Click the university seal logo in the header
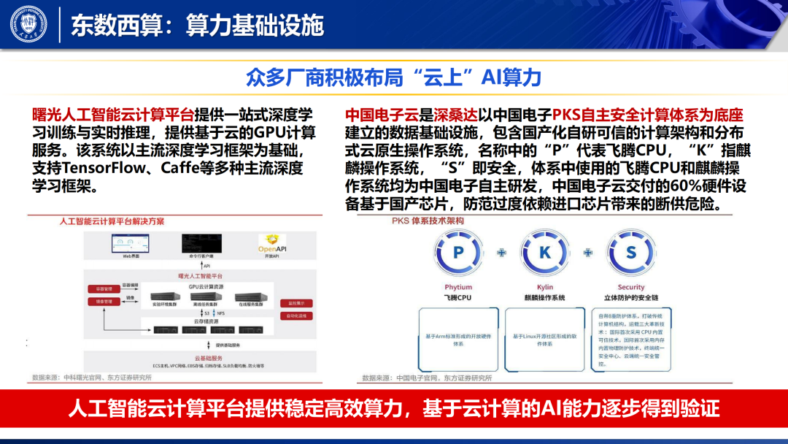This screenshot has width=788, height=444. point(28,24)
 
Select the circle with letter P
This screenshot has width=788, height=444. point(458,253)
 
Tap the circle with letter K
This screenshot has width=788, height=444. point(544,253)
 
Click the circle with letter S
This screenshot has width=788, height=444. point(631,253)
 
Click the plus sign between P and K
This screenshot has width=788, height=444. point(501,253)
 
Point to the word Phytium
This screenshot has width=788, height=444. point(458,288)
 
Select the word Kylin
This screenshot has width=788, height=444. point(544,288)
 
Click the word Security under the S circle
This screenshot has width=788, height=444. point(631,288)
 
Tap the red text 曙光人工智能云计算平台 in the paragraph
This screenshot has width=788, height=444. point(113,115)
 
